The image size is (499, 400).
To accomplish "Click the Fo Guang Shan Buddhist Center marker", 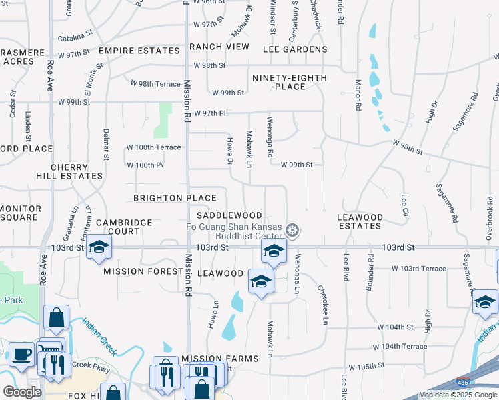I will pos(292,231).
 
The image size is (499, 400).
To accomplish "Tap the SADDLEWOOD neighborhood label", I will pos(229,216).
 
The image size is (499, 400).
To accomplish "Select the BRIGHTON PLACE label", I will pos(175,198).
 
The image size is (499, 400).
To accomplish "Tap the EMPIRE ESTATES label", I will pos(139,51).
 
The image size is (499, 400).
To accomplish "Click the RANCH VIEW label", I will pos(219,47).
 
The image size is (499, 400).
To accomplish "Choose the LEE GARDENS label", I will pos(295,49).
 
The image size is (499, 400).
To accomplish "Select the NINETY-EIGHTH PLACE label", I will pos(290,82).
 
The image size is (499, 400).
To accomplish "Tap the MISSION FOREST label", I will pos(143,272).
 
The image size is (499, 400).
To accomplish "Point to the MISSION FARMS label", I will pos(219,359).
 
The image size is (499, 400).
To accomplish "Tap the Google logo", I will pos(22,392).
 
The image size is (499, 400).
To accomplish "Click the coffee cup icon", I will pos(22,353).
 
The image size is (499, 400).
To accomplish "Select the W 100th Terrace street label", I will pos(153,147).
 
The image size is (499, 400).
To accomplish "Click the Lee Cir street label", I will pos(404,205).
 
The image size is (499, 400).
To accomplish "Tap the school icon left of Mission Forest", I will pos(99,247).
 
